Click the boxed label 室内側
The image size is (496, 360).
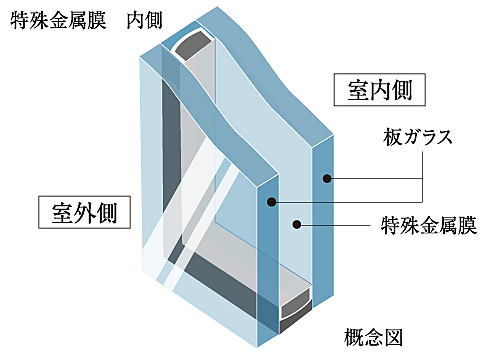[x=380, y=90]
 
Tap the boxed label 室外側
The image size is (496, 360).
[x=84, y=212]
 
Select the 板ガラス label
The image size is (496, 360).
[x=417, y=137]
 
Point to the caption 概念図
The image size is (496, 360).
[x=373, y=337]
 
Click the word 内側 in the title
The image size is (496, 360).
[x=144, y=20]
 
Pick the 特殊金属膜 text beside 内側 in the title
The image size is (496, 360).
[x=58, y=20]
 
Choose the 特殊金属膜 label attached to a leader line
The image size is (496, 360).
[x=429, y=225]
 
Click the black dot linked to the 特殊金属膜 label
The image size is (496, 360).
[x=297, y=224]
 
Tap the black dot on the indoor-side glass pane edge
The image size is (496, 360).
[x=327, y=178]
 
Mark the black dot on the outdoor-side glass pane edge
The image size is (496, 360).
[x=272, y=202]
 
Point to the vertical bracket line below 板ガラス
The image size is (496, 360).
[x=423, y=177]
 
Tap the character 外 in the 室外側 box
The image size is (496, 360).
[x=84, y=213]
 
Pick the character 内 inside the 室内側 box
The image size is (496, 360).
[x=380, y=90]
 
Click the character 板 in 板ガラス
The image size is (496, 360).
[x=392, y=137]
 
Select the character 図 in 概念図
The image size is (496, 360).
[x=393, y=337]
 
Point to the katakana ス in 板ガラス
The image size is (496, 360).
[x=444, y=138]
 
